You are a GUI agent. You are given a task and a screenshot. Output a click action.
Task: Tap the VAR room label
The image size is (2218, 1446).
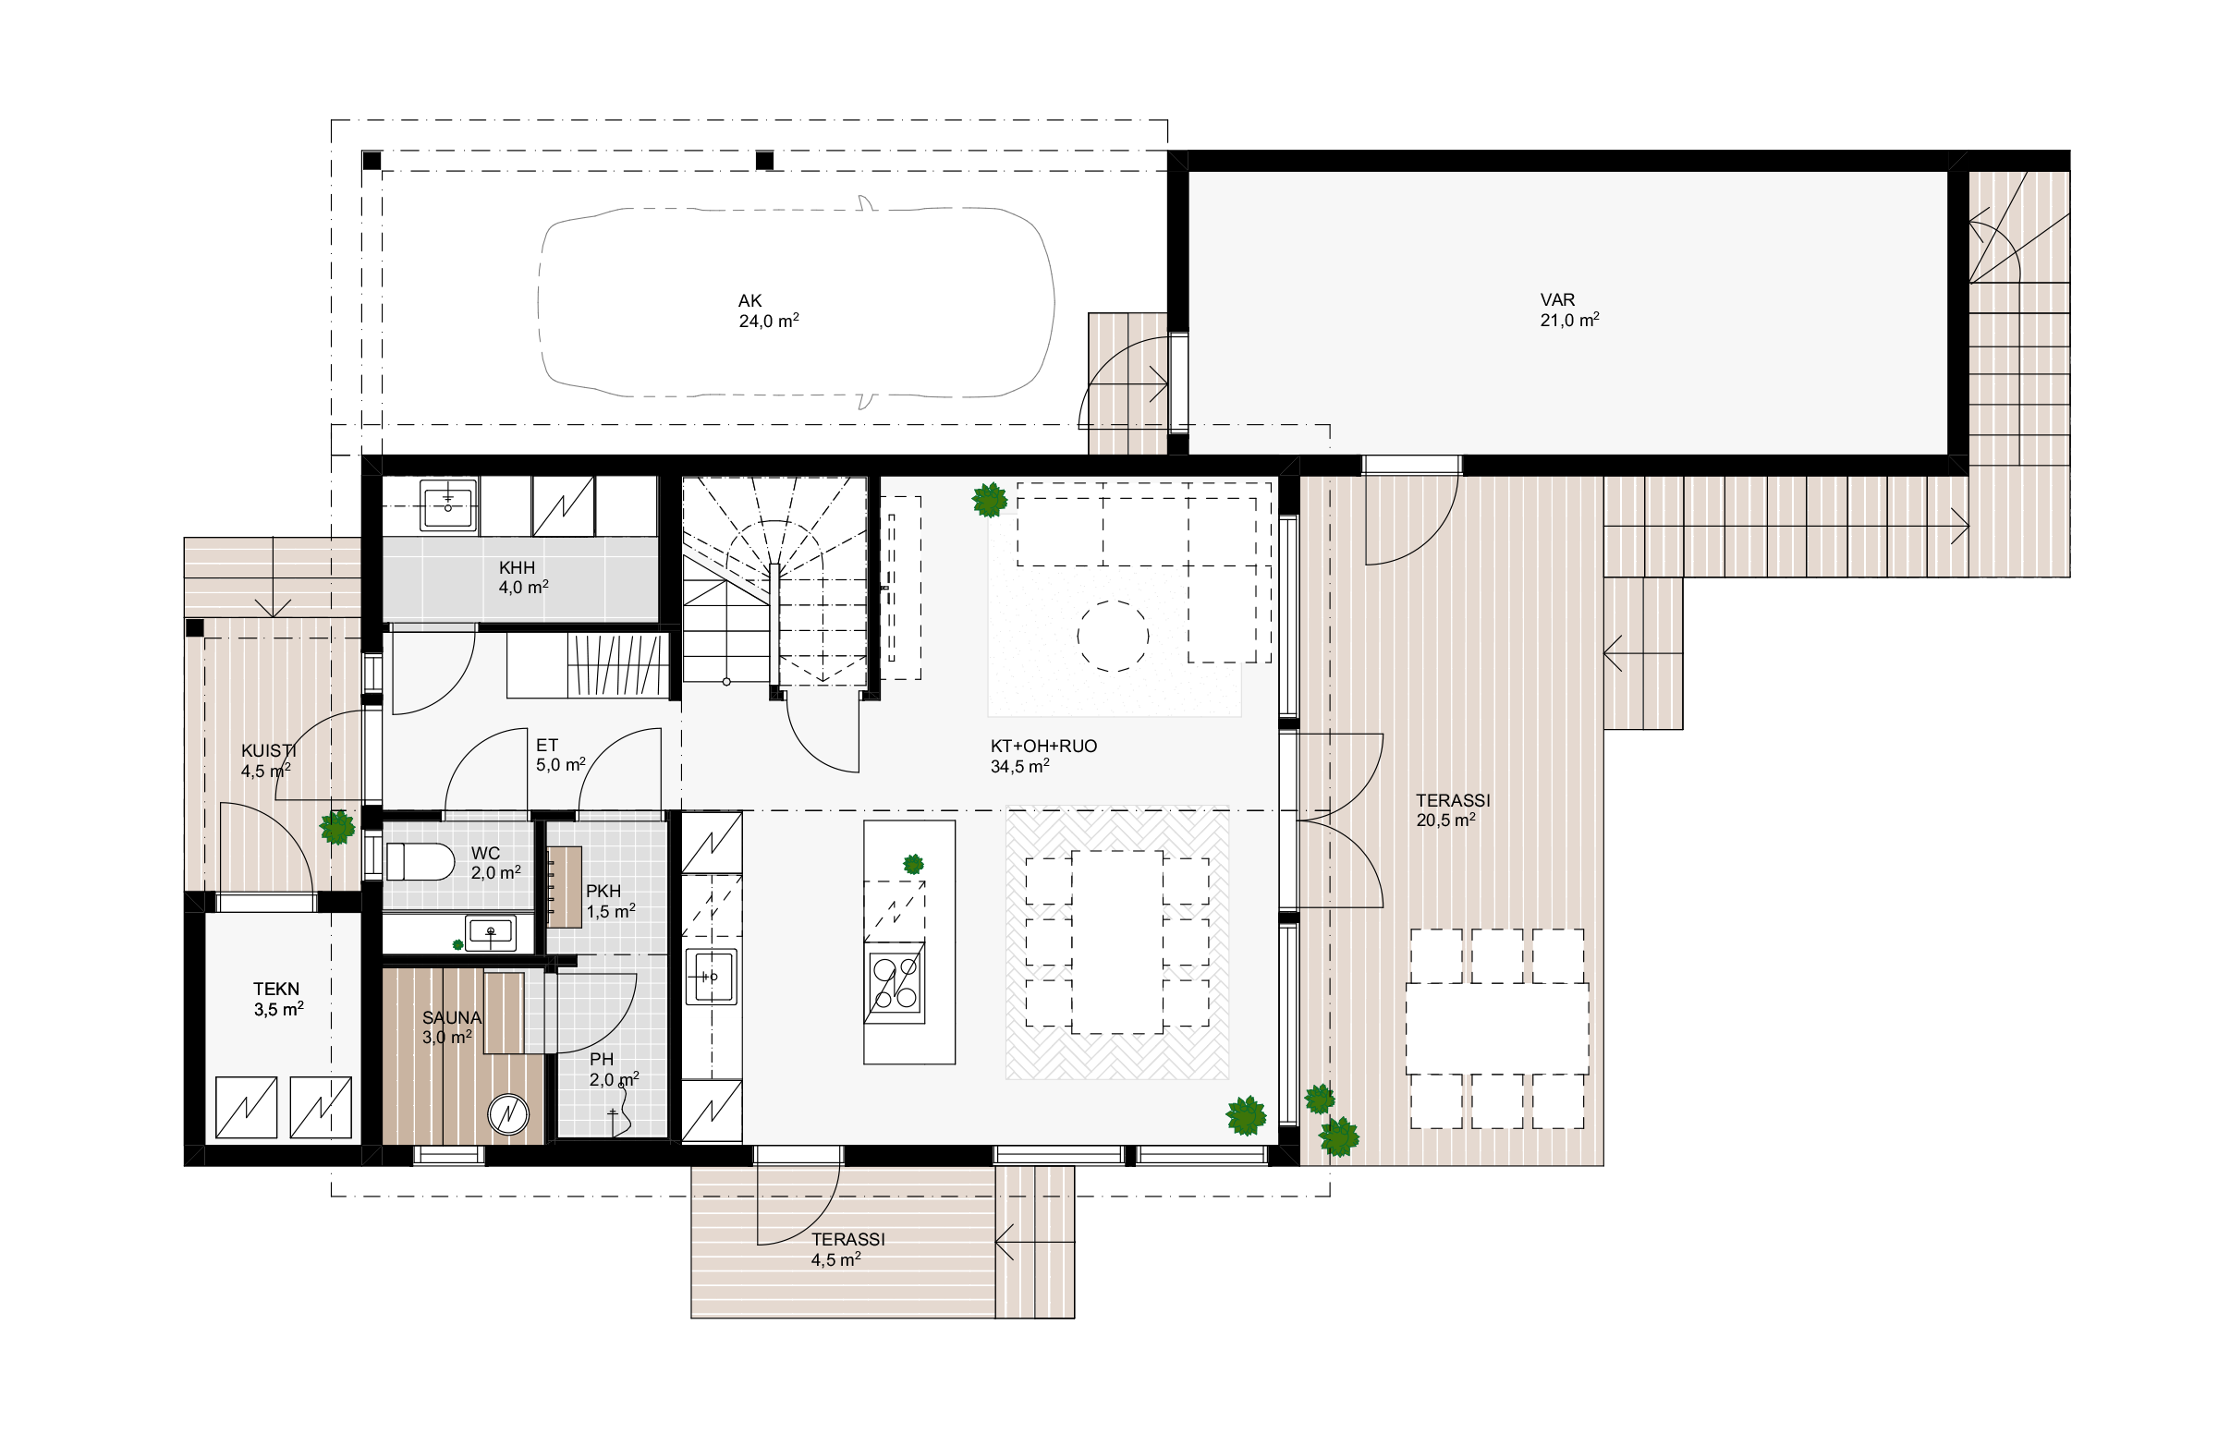1557,300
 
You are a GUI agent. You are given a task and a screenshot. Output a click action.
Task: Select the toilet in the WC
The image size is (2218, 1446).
420,862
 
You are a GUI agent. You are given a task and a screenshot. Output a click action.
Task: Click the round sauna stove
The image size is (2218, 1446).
509,1115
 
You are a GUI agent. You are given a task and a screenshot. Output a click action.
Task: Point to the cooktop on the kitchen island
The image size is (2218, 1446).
895,983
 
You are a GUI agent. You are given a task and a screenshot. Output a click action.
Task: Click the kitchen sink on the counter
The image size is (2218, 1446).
711,977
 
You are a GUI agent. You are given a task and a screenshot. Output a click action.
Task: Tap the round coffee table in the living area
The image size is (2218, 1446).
1113,638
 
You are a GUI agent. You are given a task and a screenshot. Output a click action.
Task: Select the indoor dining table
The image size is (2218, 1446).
1116,942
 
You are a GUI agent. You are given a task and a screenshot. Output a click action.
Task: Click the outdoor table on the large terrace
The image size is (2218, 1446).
1496,1028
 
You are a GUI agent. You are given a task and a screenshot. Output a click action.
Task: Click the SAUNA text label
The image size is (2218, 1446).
452,1017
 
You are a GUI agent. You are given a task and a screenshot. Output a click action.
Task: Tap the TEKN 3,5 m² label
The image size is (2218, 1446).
278,999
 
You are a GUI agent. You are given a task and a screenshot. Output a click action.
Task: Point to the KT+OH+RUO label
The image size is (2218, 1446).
1043,747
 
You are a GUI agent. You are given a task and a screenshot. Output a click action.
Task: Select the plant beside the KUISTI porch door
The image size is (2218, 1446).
337,826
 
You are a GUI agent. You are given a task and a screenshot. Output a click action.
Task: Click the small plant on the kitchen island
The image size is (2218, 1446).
913,864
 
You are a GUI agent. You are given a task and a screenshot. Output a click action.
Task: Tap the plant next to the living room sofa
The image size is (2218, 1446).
990,499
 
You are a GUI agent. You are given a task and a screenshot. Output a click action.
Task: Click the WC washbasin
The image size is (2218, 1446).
490,930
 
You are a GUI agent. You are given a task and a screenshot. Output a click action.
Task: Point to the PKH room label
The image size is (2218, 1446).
603,892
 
